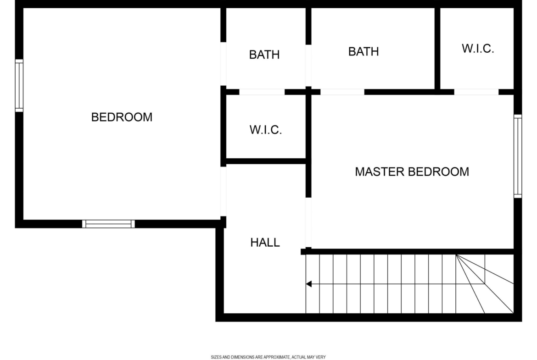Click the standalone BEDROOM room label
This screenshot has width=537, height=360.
pos(122,117)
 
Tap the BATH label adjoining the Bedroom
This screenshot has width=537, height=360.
pos(264,55)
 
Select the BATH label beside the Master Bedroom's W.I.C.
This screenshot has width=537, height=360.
pos(364,51)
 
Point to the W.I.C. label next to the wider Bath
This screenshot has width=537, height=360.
pos(478,49)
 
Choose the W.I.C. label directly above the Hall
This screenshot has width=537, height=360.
pos(265,130)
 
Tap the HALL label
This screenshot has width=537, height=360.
pos(265,242)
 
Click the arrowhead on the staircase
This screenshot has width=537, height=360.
pos(308,284)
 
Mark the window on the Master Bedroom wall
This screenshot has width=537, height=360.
pos(518,156)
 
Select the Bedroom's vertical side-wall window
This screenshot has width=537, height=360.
pos(19,86)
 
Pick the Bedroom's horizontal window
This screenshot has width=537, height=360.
pos(109,224)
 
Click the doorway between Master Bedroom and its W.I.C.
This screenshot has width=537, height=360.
pos(476,92)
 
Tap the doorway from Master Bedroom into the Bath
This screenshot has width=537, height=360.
pos(342,92)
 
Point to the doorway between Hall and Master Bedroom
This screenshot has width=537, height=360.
pos(308,222)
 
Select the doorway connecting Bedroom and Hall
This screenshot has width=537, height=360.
pos(224,191)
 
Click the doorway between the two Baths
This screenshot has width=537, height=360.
pos(308,66)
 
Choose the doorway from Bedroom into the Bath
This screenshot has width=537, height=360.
pos(224,64)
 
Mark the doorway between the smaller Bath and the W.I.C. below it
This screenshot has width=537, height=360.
pos(262,92)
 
